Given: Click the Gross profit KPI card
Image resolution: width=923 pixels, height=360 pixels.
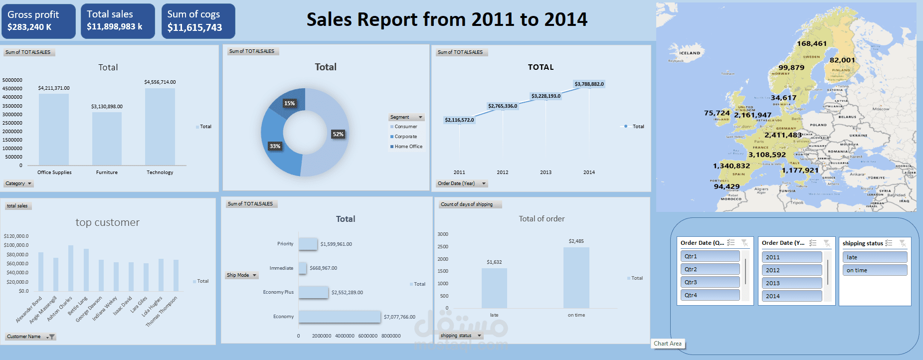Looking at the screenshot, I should coord(38,21).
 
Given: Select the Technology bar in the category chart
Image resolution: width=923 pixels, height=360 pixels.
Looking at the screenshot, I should coord(160,127).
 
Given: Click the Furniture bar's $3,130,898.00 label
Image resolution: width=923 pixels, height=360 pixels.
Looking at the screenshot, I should coord(107,106).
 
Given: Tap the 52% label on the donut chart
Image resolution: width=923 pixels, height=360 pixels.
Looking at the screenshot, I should coord(338,134).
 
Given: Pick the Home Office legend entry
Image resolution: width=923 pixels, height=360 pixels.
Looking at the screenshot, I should coord(408,147).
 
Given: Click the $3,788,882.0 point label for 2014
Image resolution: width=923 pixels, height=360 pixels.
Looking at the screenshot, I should coord(589,84).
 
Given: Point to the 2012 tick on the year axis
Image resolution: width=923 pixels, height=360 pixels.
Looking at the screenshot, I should coord(503,173).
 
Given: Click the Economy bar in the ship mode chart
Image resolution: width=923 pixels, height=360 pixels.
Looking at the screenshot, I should coord(340,317).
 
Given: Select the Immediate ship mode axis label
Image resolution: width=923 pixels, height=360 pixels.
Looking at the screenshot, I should coord(281,268).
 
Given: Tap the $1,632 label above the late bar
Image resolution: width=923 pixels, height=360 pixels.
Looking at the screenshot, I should coord(494,262).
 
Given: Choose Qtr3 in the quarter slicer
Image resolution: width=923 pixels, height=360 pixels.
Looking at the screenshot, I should coord(710,282).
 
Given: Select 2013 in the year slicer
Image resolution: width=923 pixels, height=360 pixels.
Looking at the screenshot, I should coord(791,283).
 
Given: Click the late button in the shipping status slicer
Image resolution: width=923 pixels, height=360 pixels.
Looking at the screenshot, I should coord(875,257).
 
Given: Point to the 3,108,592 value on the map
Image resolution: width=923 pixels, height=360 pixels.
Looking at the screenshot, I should coord(767,155).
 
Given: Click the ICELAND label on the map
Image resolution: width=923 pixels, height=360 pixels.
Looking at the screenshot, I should coord(690,53).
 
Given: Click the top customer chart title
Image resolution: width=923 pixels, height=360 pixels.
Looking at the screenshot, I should coord(108,222).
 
